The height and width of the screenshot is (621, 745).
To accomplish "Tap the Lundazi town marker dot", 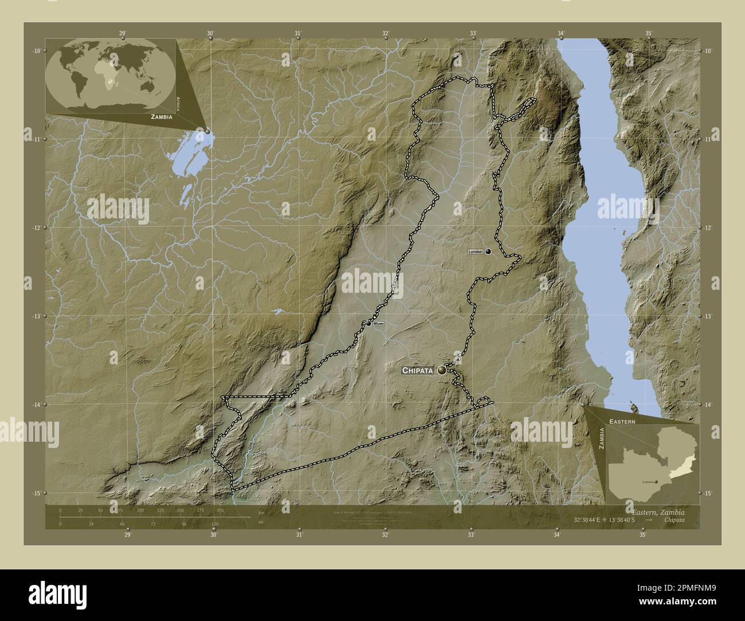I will tap(488, 251).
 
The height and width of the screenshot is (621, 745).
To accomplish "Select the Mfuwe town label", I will tap(378, 324).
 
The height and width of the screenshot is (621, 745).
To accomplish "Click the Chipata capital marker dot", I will tap(442, 371).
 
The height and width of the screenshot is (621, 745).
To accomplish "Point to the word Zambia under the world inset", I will tap(162, 116).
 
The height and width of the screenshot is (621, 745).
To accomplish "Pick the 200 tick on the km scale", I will tap(220, 510).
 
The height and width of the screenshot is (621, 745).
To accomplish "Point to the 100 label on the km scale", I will tap(140, 510).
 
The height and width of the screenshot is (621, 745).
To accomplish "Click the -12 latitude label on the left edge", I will tap(37, 227).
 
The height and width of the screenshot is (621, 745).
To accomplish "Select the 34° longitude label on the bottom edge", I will tap(557, 535).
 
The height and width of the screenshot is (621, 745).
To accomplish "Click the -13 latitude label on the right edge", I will tap(708, 316).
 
